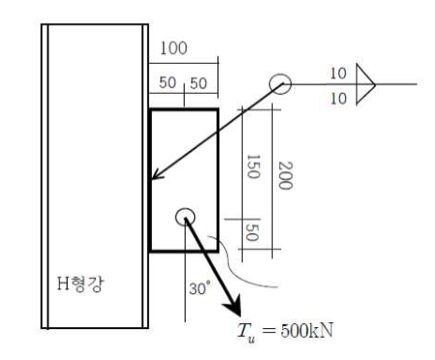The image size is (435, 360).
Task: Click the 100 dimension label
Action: click(x=173, y=48)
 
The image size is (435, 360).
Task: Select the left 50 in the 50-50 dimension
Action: click(x=167, y=82)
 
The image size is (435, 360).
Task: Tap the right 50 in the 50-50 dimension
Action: click(x=198, y=83)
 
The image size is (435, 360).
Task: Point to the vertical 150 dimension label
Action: click(x=253, y=166)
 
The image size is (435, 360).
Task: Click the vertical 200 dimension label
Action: click(x=285, y=175)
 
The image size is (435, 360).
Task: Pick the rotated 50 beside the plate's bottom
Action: click(x=252, y=232)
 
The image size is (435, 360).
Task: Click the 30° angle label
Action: click(x=200, y=288)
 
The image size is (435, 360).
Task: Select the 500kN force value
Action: click(x=307, y=330)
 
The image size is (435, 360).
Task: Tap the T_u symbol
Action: click(x=246, y=332)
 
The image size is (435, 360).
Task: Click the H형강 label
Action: click(x=80, y=284)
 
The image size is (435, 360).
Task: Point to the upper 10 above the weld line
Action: click(x=338, y=74)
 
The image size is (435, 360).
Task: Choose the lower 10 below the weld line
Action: click(x=338, y=98)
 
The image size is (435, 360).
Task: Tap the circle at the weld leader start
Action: click(x=280, y=75)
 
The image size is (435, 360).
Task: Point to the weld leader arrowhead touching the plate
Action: click(x=158, y=175)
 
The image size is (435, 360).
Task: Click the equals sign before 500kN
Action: click(x=269, y=331)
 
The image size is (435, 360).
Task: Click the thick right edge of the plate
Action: click(x=218, y=180)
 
